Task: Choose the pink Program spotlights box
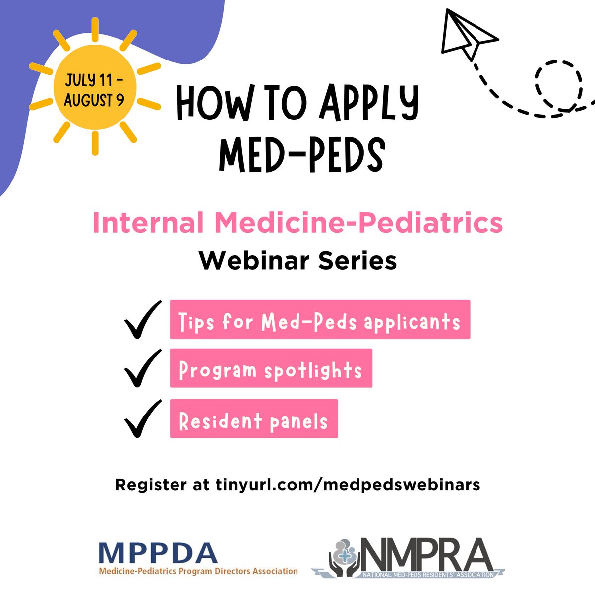[271, 368]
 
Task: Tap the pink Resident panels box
[253, 418]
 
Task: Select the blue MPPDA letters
[158, 553]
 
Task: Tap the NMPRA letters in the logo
[426, 554]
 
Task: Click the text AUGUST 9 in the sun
[94, 101]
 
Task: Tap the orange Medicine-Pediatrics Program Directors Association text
[198, 571]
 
